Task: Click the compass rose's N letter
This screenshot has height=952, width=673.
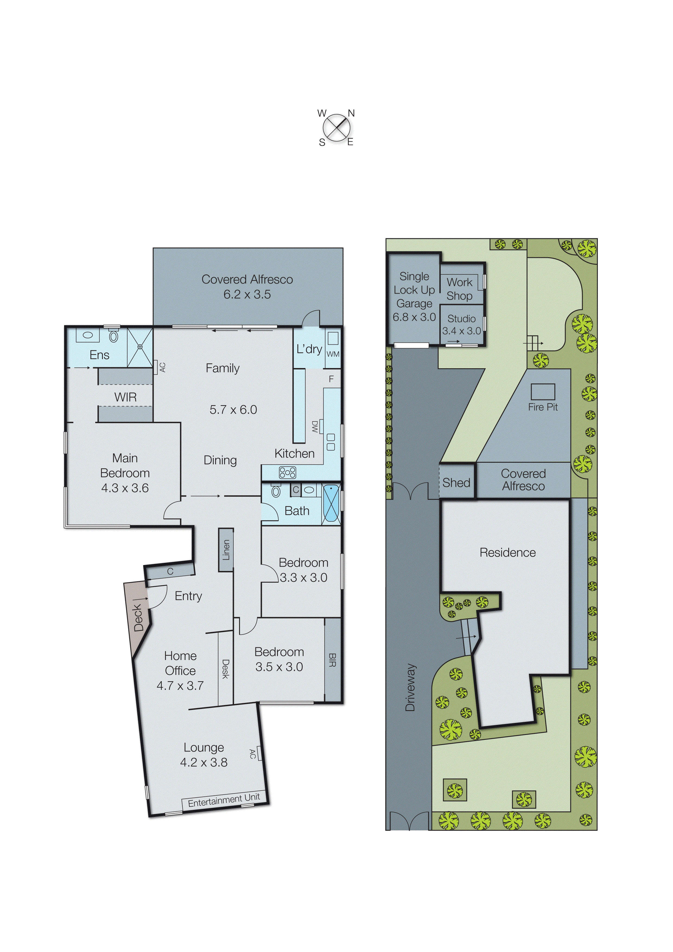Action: tap(351, 113)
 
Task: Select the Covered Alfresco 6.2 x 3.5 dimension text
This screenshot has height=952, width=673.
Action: tap(247, 294)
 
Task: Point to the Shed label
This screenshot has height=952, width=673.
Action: tap(456, 483)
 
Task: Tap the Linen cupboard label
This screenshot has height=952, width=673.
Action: tap(226, 550)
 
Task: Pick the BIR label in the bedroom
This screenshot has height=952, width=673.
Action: tap(332, 660)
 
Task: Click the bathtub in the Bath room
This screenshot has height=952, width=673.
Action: tap(331, 504)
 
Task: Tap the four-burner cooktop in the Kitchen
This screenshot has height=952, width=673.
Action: tap(287, 472)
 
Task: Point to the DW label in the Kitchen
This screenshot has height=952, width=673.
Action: tap(315, 427)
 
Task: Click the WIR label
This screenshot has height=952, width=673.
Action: tap(125, 397)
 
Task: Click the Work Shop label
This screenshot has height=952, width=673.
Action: tap(459, 289)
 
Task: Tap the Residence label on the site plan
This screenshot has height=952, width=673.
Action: tap(507, 553)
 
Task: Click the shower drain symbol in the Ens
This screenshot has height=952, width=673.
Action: tap(140, 346)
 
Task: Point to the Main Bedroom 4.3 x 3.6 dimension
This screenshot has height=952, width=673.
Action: tap(125, 488)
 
